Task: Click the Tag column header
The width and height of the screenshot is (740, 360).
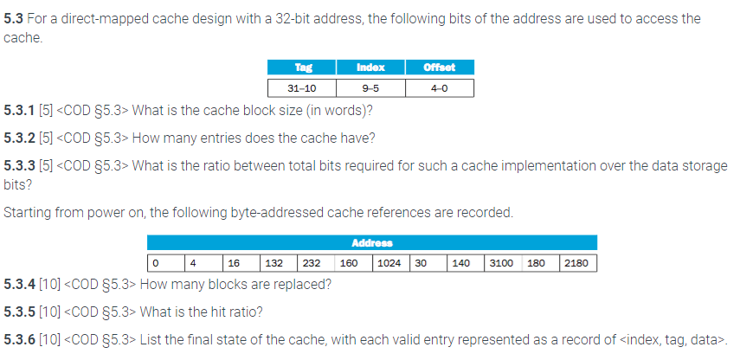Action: [x=302, y=67]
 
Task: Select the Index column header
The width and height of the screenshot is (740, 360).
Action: [x=370, y=67]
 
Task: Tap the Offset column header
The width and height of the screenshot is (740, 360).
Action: [x=439, y=67]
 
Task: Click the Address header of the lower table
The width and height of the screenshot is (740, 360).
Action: [x=371, y=243]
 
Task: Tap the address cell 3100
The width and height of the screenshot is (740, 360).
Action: [x=501, y=261]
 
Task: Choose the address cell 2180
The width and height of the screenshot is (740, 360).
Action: [x=576, y=261]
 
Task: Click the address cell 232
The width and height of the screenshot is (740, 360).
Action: [x=313, y=261]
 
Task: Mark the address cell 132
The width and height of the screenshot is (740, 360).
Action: [x=275, y=261]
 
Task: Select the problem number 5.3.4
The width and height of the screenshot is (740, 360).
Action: [x=19, y=283]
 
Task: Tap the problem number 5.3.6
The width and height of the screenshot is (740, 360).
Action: [x=19, y=337]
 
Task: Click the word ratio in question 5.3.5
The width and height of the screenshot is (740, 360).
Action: [x=240, y=311]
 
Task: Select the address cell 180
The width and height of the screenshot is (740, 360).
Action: [x=536, y=261]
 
